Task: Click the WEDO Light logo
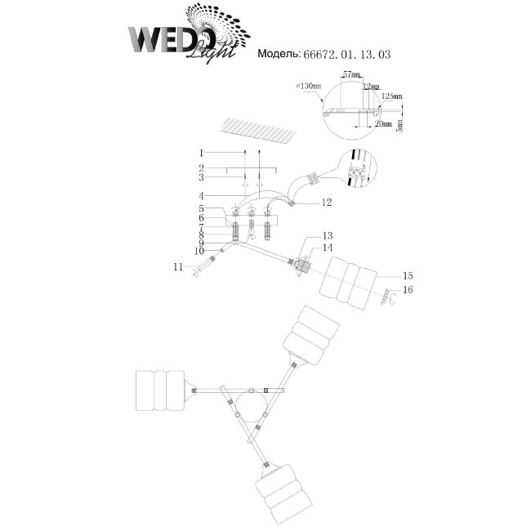(x=184, y=37)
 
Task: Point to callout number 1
(x=199, y=153)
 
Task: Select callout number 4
(x=199, y=196)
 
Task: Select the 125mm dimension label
(x=393, y=96)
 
